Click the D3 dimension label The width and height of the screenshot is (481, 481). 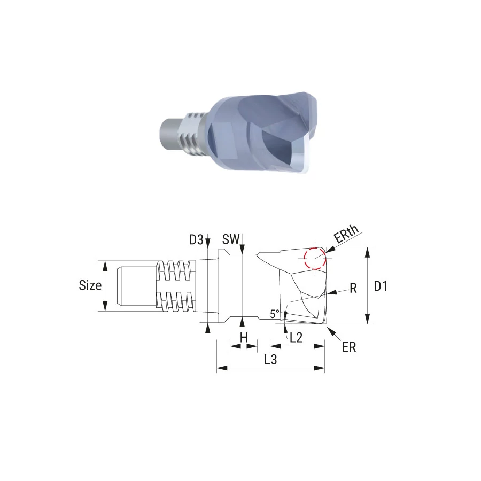[196, 239]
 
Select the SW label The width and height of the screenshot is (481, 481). [231, 239]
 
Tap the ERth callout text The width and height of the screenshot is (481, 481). [346, 234]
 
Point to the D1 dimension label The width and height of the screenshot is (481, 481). [381, 286]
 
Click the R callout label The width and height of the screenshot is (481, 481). [353, 289]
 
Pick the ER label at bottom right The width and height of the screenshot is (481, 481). [349, 347]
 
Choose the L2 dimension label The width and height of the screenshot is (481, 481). [296, 338]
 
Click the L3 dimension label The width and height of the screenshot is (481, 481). [270, 360]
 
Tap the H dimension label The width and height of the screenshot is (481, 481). [244, 338]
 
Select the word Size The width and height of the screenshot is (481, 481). [90, 285]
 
